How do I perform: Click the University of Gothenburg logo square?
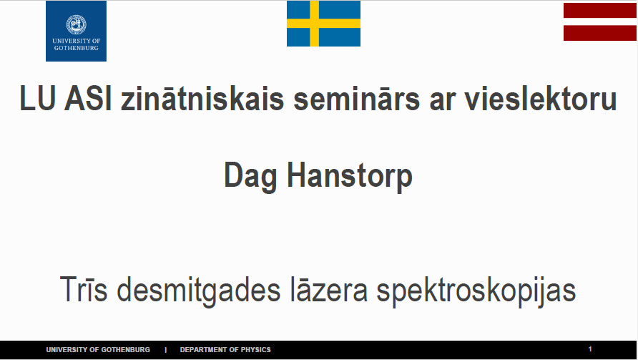pos(76,31)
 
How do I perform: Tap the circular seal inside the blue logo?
pos(76,25)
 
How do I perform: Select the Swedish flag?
pos(323,23)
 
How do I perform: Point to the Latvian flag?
pos(600,21)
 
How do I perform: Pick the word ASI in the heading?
pos(88,99)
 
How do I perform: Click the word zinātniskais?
pos(202,99)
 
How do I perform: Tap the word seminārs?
pos(356,99)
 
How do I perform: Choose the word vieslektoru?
pos(541,99)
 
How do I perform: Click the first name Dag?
pos(250,177)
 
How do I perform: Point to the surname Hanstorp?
pos(350,177)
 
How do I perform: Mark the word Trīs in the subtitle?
pos(84,289)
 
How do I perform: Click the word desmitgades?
pos(199,291)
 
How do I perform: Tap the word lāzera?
pos(329,289)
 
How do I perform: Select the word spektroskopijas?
pos(476,291)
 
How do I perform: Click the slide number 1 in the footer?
pos(590,349)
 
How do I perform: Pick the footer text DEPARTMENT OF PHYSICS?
pos(225,350)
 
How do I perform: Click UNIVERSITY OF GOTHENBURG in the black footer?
pos(98,350)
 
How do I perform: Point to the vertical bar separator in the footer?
pos(166,350)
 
